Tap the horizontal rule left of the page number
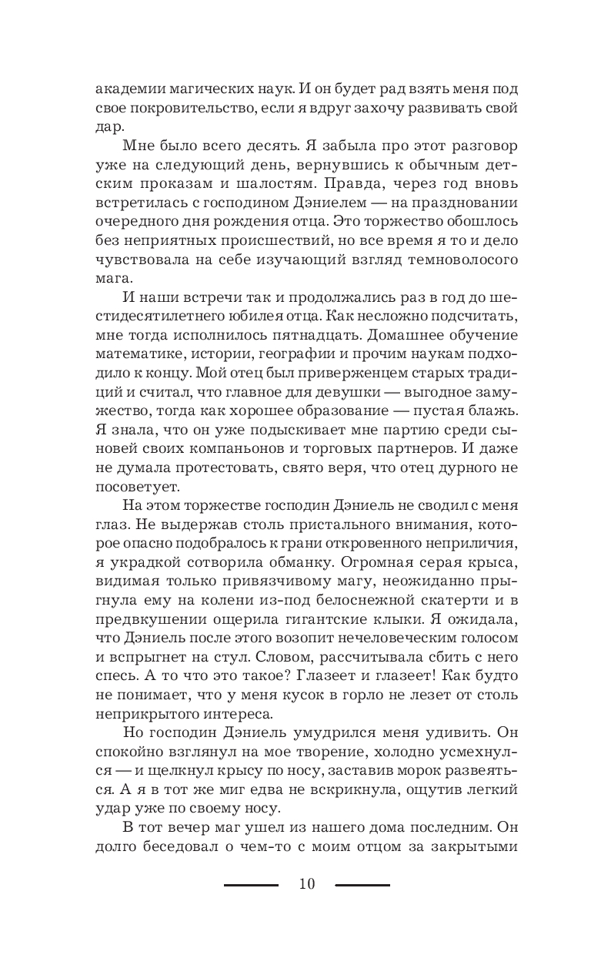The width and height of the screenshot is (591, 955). pos(251,885)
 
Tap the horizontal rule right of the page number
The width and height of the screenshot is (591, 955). pos(362,885)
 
